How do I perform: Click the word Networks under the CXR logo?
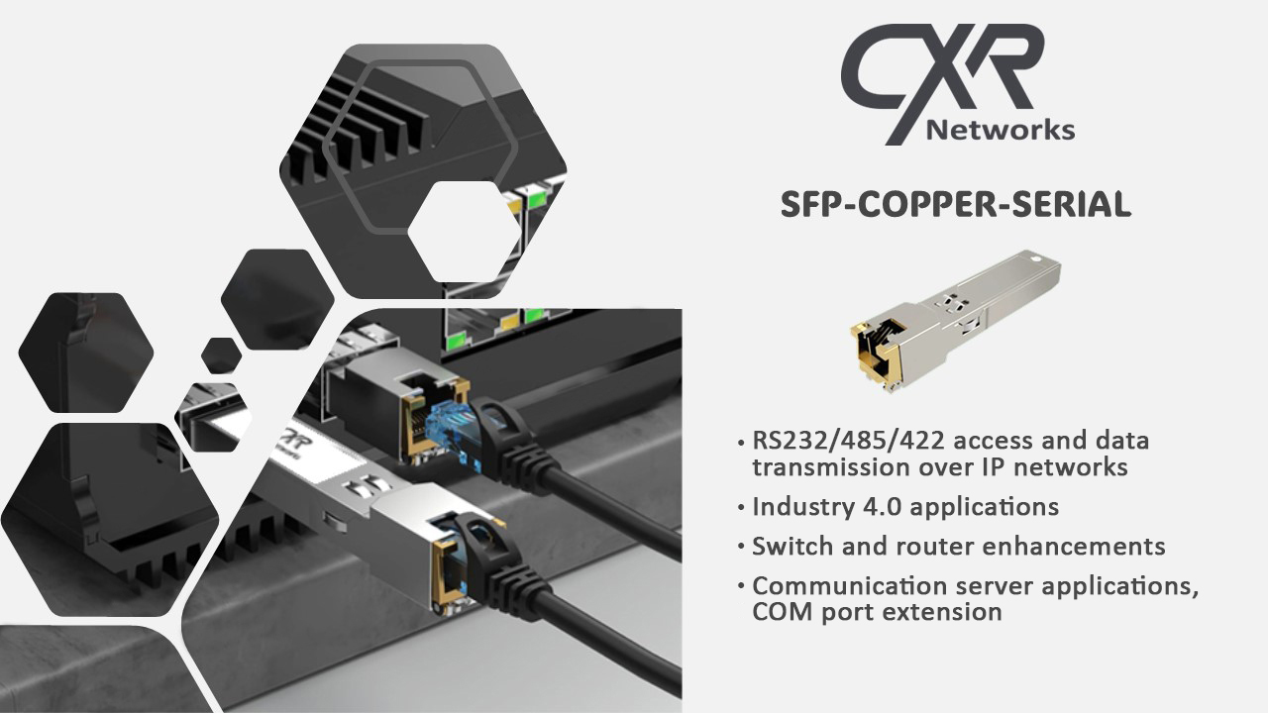click(999, 130)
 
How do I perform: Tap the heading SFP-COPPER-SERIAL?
click(955, 204)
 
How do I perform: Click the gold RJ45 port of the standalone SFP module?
click(871, 348)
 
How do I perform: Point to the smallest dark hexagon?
click(221, 356)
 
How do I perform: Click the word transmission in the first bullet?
click(830, 465)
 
